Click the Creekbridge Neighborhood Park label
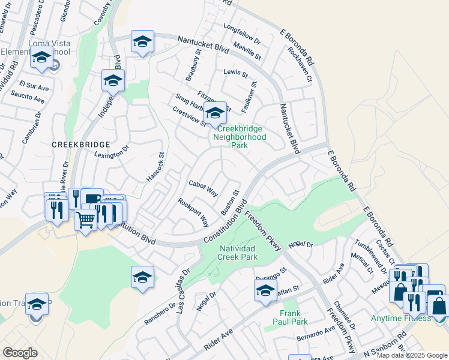pos(241,137)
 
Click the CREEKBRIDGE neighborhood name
pos(80,145)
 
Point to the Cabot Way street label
pos(203,188)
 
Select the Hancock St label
pos(155,167)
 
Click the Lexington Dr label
pos(112,154)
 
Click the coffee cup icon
pos(92,199)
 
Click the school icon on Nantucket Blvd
pos(142,41)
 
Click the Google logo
pos(20,353)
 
